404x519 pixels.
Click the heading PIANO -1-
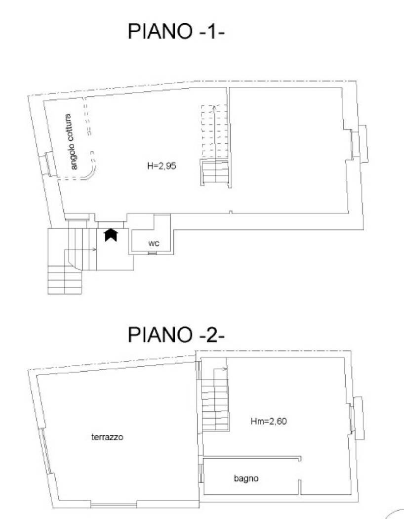point(176,32)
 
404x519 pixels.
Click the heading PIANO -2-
point(176,335)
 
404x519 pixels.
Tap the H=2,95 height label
point(162,167)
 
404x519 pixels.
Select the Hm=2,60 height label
point(269,422)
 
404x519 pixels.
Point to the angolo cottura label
point(74,142)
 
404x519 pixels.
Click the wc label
point(153,243)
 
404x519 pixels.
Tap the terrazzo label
point(107,437)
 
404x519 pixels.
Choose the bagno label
point(246,478)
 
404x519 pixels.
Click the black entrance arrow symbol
point(110,235)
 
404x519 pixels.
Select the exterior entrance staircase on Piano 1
point(66,262)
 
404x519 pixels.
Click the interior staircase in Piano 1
point(214,146)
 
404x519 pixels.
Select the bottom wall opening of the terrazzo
point(114,504)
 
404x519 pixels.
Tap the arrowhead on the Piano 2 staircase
point(225,369)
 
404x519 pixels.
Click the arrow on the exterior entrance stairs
point(94,250)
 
